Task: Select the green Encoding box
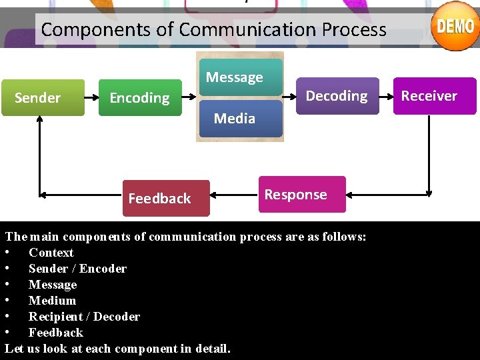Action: pyautogui.click(x=140, y=98)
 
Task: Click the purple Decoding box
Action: pyautogui.click(x=337, y=96)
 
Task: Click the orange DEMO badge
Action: pyautogui.click(x=455, y=26)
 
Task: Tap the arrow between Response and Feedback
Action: pyautogui.click(x=233, y=196)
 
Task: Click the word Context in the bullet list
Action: pyautogui.click(x=51, y=253)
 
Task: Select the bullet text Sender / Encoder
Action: pyautogui.click(x=77, y=269)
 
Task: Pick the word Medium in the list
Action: pyautogui.click(x=52, y=301)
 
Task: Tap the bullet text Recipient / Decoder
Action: pyautogui.click(x=84, y=317)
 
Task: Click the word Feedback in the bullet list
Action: pyautogui.click(x=55, y=333)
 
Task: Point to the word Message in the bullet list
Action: pyautogui.click(x=53, y=285)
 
